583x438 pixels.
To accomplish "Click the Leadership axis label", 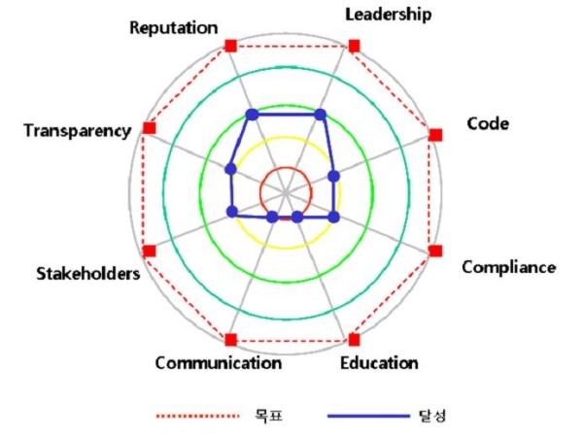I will [x=389, y=15].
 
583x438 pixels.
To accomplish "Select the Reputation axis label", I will [x=174, y=27].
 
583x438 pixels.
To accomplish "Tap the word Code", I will [x=487, y=123].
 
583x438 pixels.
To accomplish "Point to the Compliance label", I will [x=508, y=267].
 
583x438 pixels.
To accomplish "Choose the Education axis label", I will [x=379, y=363].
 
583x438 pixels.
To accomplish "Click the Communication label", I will [x=218, y=363].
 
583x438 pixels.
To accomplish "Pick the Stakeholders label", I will [x=87, y=273].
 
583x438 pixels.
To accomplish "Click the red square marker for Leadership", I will [x=354, y=46].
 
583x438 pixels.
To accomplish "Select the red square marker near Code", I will [x=434, y=134].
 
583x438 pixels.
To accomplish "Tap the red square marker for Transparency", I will [x=149, y=127].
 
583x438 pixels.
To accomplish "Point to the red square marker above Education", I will [x=354, y=339].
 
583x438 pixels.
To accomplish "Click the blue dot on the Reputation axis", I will [x=252, y=115].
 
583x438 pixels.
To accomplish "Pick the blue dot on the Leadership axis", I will [x=321, y=115].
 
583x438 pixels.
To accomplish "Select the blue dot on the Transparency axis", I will [x=230, y=169].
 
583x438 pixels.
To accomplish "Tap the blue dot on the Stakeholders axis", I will [x=231, y=211].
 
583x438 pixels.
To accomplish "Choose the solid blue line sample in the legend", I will [x=368, y=416].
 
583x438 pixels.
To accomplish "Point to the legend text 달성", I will [x=433, y=416].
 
